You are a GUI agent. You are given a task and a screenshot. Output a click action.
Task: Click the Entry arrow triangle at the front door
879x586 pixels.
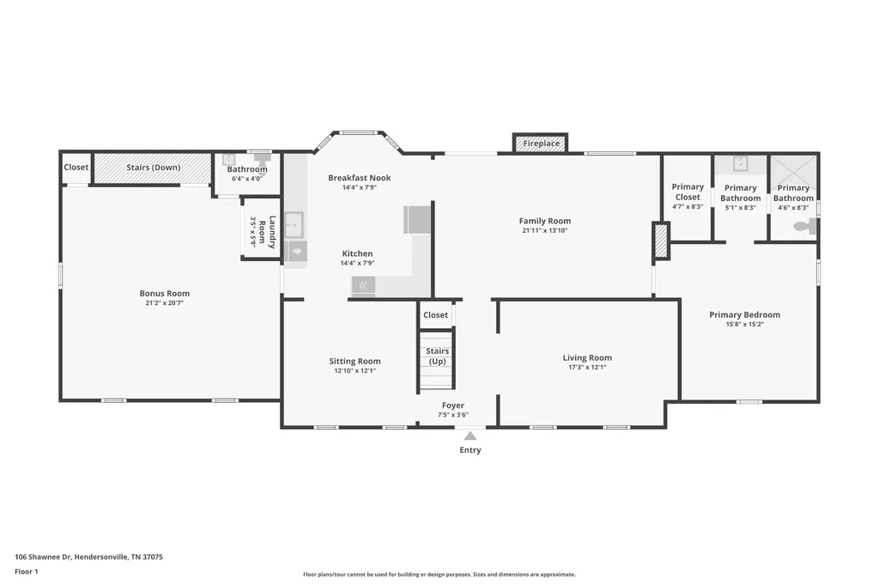point(470,436)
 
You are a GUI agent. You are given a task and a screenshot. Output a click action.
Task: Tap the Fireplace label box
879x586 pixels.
point(541,143)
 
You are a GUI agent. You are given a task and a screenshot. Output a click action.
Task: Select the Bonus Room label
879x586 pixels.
point(164,293)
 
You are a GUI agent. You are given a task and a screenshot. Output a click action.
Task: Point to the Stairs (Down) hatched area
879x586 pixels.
point(152,168)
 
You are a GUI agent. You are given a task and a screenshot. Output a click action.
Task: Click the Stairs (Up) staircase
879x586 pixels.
point(436,360)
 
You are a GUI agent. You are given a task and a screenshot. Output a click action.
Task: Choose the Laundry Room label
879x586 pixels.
point(267,232)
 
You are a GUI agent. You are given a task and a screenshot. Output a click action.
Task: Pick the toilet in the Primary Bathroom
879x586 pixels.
point(805,227)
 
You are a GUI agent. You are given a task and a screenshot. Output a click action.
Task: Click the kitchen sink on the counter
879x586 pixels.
point(294,224)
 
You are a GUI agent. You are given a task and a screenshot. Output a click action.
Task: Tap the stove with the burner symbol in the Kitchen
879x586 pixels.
point(363,286)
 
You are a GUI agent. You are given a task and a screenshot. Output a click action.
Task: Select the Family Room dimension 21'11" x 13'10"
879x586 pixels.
point(544,230)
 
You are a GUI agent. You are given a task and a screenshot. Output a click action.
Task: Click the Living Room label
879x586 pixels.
point(587,357)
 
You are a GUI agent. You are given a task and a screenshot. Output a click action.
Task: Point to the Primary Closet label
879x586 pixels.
point(688,192)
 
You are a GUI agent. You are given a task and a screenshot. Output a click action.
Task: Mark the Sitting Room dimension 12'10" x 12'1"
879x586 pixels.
point(355,370)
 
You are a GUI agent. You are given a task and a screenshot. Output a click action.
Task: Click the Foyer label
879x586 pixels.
point(453,406)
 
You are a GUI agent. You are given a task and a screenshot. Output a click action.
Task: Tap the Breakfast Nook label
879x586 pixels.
point(360,178)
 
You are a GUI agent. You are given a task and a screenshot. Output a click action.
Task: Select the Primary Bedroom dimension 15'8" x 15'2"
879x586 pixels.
point(744,324)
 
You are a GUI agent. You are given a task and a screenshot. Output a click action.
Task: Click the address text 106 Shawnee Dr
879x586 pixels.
point(43,557)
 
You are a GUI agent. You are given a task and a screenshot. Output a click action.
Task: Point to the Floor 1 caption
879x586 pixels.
point(27,571)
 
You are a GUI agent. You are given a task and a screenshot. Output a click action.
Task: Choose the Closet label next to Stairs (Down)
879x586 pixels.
point(76,168)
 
